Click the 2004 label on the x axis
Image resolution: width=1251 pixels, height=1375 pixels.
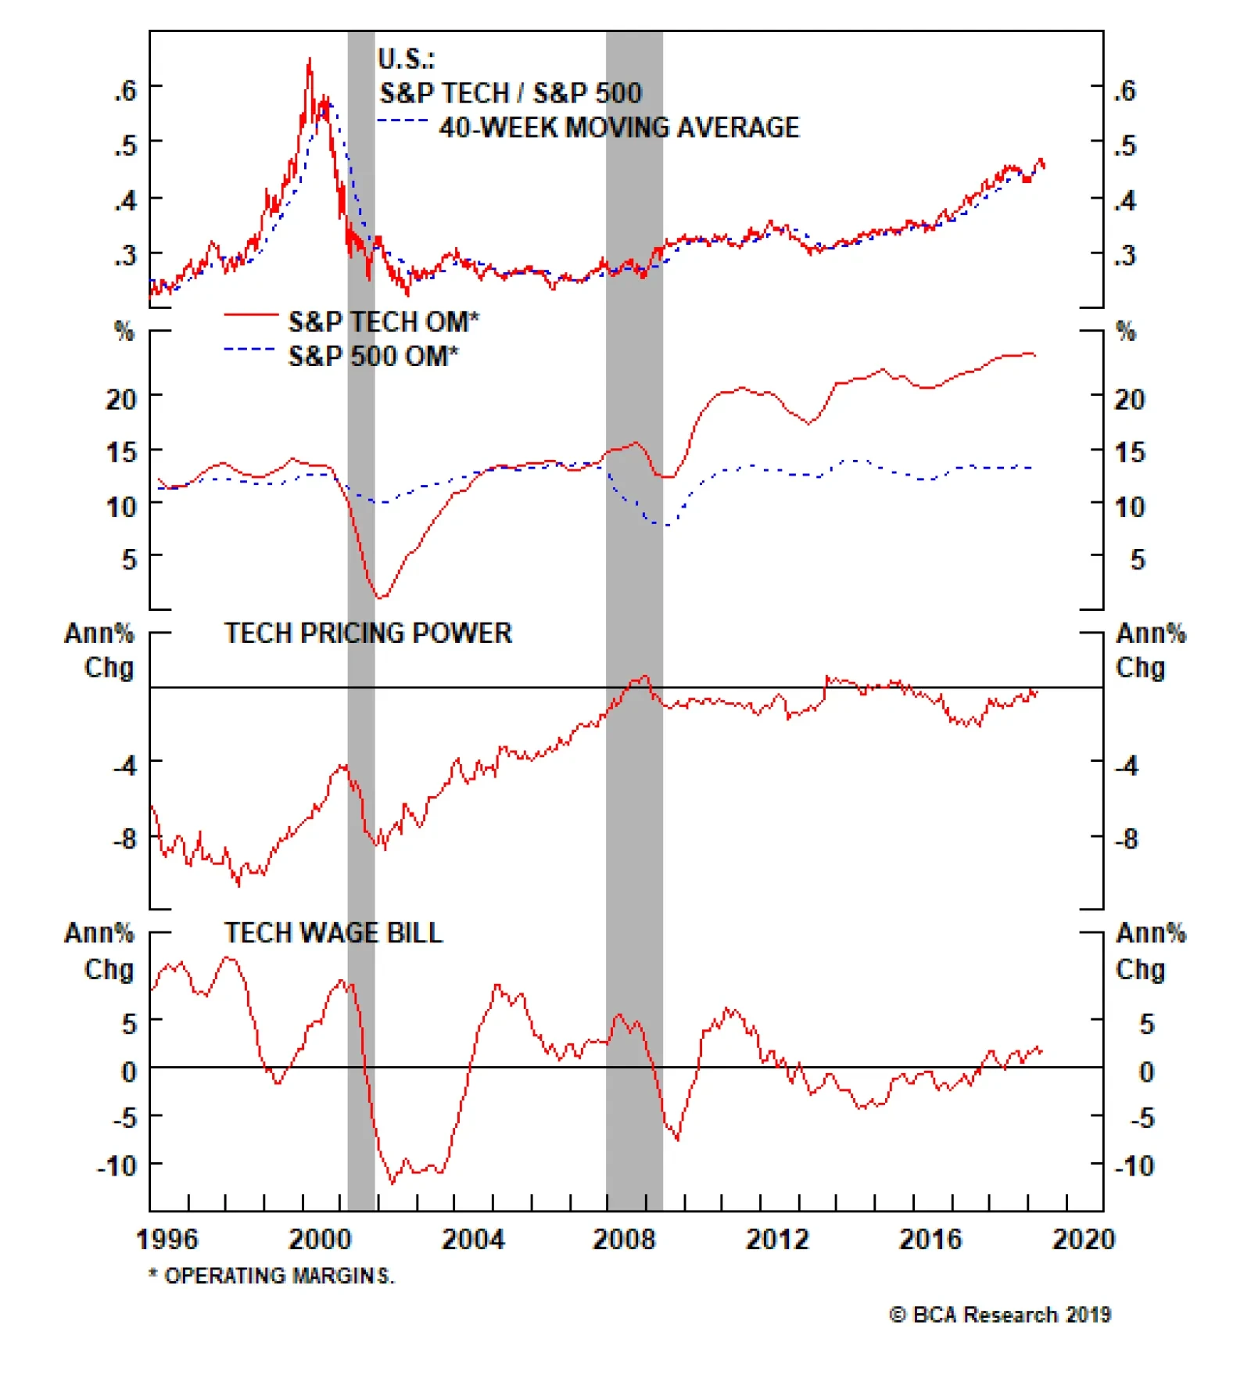point(472,1240)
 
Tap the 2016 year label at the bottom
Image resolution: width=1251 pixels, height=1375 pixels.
point(930,1240)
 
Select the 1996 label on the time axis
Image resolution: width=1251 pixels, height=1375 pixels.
point(167,1240)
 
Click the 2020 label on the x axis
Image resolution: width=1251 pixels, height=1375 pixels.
point(1083,1240)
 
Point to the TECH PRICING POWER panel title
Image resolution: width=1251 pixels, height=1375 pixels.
point(367,634)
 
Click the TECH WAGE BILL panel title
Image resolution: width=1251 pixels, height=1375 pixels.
point(333,933)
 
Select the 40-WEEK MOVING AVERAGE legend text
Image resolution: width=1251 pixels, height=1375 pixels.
point(618,127)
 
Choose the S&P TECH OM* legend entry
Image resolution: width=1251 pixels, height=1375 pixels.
point(383,321)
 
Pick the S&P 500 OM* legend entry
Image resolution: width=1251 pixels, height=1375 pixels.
point(373,357)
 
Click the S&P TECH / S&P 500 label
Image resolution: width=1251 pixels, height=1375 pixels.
point(510,93)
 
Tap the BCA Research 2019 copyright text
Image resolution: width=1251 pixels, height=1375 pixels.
point(1000,1315)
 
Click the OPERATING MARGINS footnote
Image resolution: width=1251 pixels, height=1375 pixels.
point(272,1276)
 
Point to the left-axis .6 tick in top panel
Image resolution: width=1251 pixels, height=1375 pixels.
point(124,91)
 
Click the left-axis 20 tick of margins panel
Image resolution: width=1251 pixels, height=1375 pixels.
point(121,400)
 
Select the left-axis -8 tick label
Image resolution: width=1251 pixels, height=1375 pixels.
point(124,839)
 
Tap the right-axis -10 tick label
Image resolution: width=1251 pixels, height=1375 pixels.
point(1134,1166)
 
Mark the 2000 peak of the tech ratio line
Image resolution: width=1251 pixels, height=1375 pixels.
point(309,59)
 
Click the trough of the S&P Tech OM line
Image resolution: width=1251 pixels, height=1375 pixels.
point(381,598)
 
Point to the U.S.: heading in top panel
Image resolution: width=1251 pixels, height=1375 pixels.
point(406,59)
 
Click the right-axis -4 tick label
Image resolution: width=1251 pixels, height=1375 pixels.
point(1127,765)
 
